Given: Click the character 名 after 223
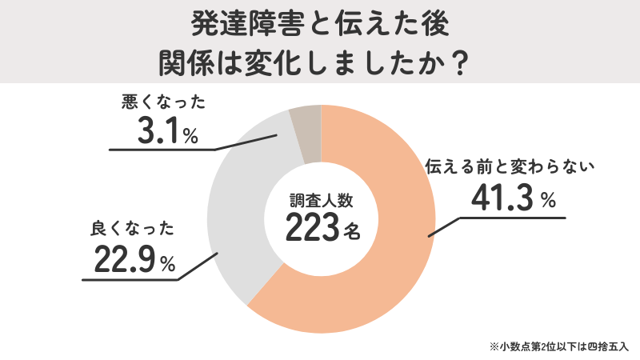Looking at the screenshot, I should [352, 233].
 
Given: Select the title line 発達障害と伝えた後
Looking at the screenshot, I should [320, 24].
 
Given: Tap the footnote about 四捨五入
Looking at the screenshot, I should [560, 347].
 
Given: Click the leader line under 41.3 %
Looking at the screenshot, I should [512, 217].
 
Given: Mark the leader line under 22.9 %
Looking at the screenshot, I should [128, 280].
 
